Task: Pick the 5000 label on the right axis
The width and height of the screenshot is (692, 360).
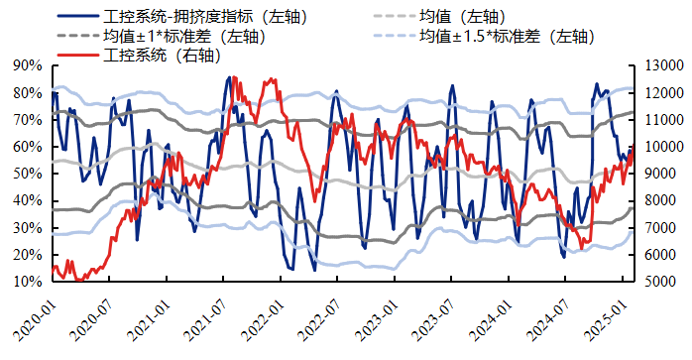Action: coord(659,282)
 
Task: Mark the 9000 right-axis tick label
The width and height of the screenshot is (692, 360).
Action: coord(659,174)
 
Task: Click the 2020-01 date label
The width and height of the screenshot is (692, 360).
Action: coord(31,314)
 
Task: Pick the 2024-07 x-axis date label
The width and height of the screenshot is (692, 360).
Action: coord(553,314)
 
